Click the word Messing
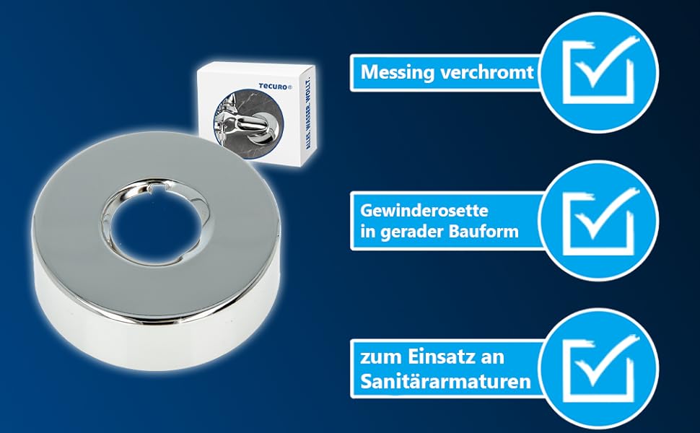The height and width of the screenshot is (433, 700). click(x=393, y=73)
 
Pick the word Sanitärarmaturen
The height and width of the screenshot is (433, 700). click(x=446, y=380)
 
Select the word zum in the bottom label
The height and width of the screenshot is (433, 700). click(x=378, y=357)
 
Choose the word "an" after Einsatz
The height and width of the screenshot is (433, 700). click(x=494, y=357)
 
